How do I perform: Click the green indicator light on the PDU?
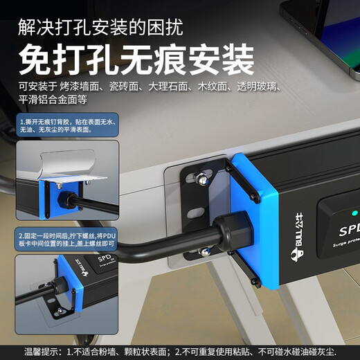point(354,213)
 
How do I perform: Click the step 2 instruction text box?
point(68,240)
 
